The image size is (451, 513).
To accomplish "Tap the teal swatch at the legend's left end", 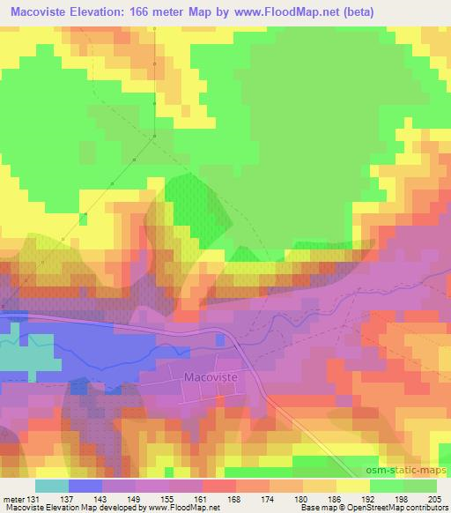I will click(52, 485).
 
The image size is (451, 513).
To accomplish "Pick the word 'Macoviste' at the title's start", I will click(36, 12).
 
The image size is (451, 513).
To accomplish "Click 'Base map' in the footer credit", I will click(314, 507).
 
